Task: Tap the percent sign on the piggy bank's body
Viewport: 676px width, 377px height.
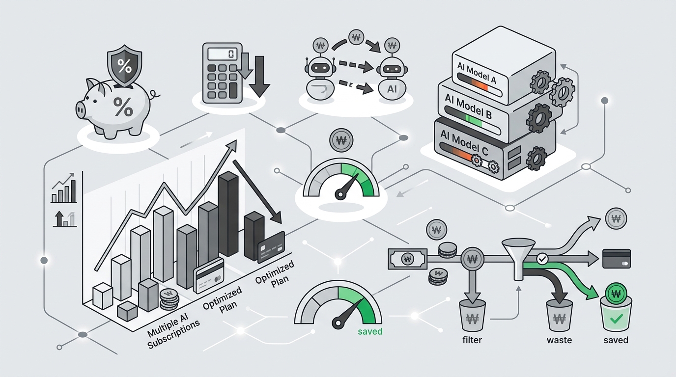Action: pyautogui.click(x=123, y=107)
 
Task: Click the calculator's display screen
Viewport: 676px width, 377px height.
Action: pyautogui.click(x=223, y=54)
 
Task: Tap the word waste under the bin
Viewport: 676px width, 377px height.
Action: pyautogui.click(x=559, y=340)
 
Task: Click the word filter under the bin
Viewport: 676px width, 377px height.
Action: pyautogui.click(x=472, y=340)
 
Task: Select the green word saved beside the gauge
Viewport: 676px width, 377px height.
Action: pyautogui.click(x=370, y=331)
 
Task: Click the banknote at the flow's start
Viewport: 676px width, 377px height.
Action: pyautogui.click(x=407, y=259)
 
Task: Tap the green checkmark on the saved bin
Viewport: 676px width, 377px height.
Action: pyautogui.click(x=616, y=318)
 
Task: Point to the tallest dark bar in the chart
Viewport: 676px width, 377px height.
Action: pyautogui.click(x=228, y=214)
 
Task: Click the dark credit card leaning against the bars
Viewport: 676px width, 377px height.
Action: pyautogui.click(x=271, y=247)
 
